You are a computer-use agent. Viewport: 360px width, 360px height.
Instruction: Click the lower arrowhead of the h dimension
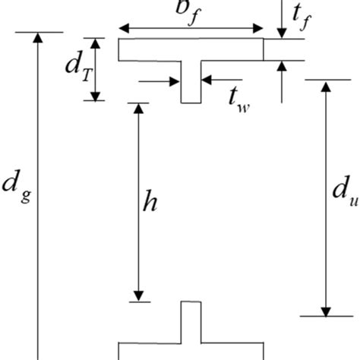pyautogui.click(x=138, y=295)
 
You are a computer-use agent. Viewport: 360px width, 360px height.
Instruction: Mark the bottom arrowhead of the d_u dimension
pyautogui.click(x=326, y=309)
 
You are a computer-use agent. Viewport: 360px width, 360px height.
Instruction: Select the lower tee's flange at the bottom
pyautogui.click(x=191, y=352)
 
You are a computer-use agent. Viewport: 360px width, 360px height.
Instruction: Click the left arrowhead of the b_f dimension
pyautogui.click(x=123, y=29)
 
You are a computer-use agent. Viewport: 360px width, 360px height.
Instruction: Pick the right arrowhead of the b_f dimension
pyautogui.click(x=258, y=29)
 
